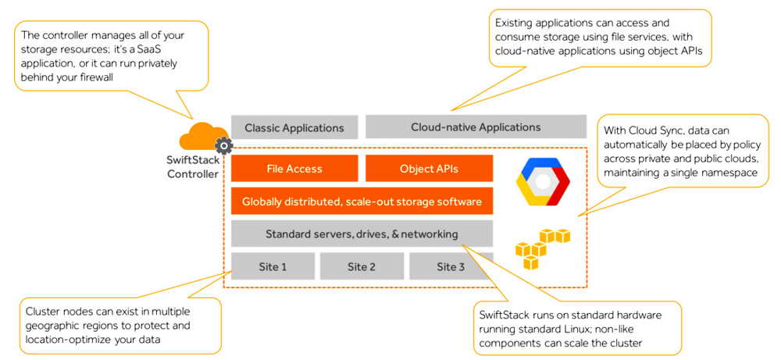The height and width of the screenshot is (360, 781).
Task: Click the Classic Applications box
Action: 294,127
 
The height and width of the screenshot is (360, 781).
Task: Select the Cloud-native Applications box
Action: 476,127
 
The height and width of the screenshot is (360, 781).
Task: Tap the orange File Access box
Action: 294,169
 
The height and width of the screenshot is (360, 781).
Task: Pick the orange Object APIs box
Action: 429,169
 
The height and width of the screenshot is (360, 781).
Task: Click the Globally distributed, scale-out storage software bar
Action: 362,201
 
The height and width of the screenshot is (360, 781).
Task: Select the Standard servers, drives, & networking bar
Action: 362,233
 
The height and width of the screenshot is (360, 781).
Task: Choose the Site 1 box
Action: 273,266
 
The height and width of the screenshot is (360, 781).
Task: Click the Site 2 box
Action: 362,266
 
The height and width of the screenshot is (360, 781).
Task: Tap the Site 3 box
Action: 451,266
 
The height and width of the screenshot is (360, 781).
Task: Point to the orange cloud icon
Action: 202,138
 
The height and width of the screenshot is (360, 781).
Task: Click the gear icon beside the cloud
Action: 223,145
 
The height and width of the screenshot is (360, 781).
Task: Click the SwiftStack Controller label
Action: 193,167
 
